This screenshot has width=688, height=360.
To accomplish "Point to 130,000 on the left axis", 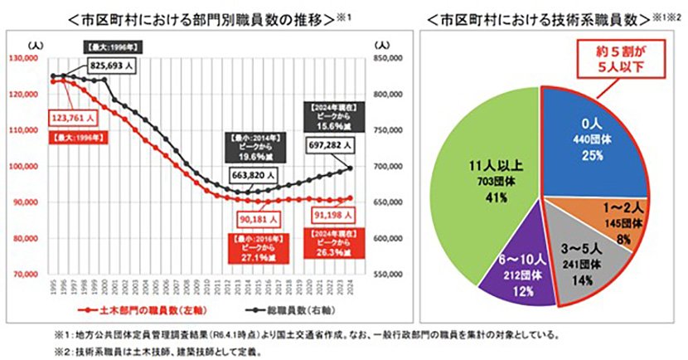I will pyautogui.click(x=26, y=58).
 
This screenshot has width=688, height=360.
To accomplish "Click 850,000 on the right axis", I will pyautogui.click(x=390, y=59).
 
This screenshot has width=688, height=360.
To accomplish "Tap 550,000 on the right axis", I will pyautogui.click(x=390, y=274).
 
